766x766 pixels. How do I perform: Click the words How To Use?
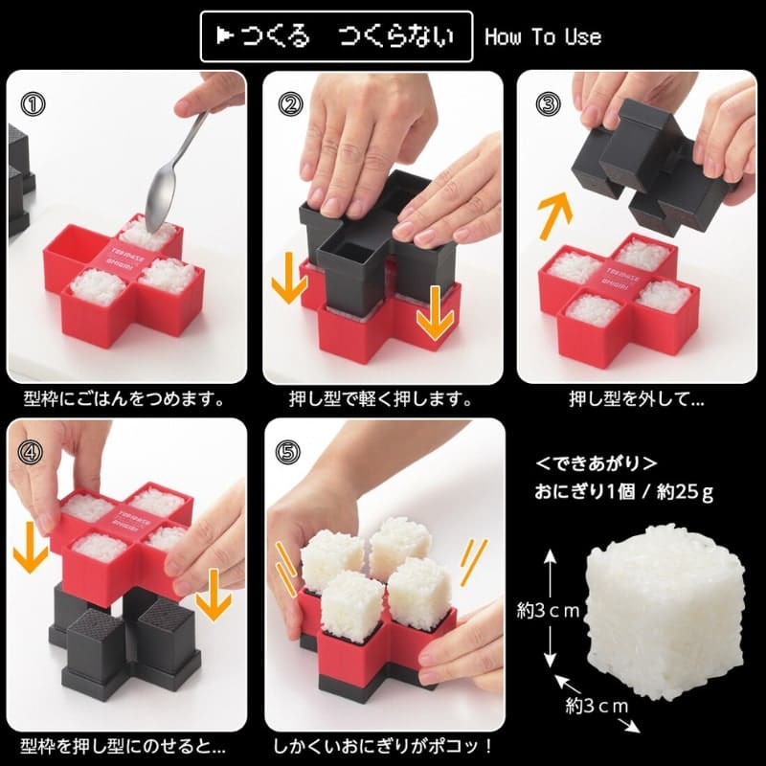[543, 37]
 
